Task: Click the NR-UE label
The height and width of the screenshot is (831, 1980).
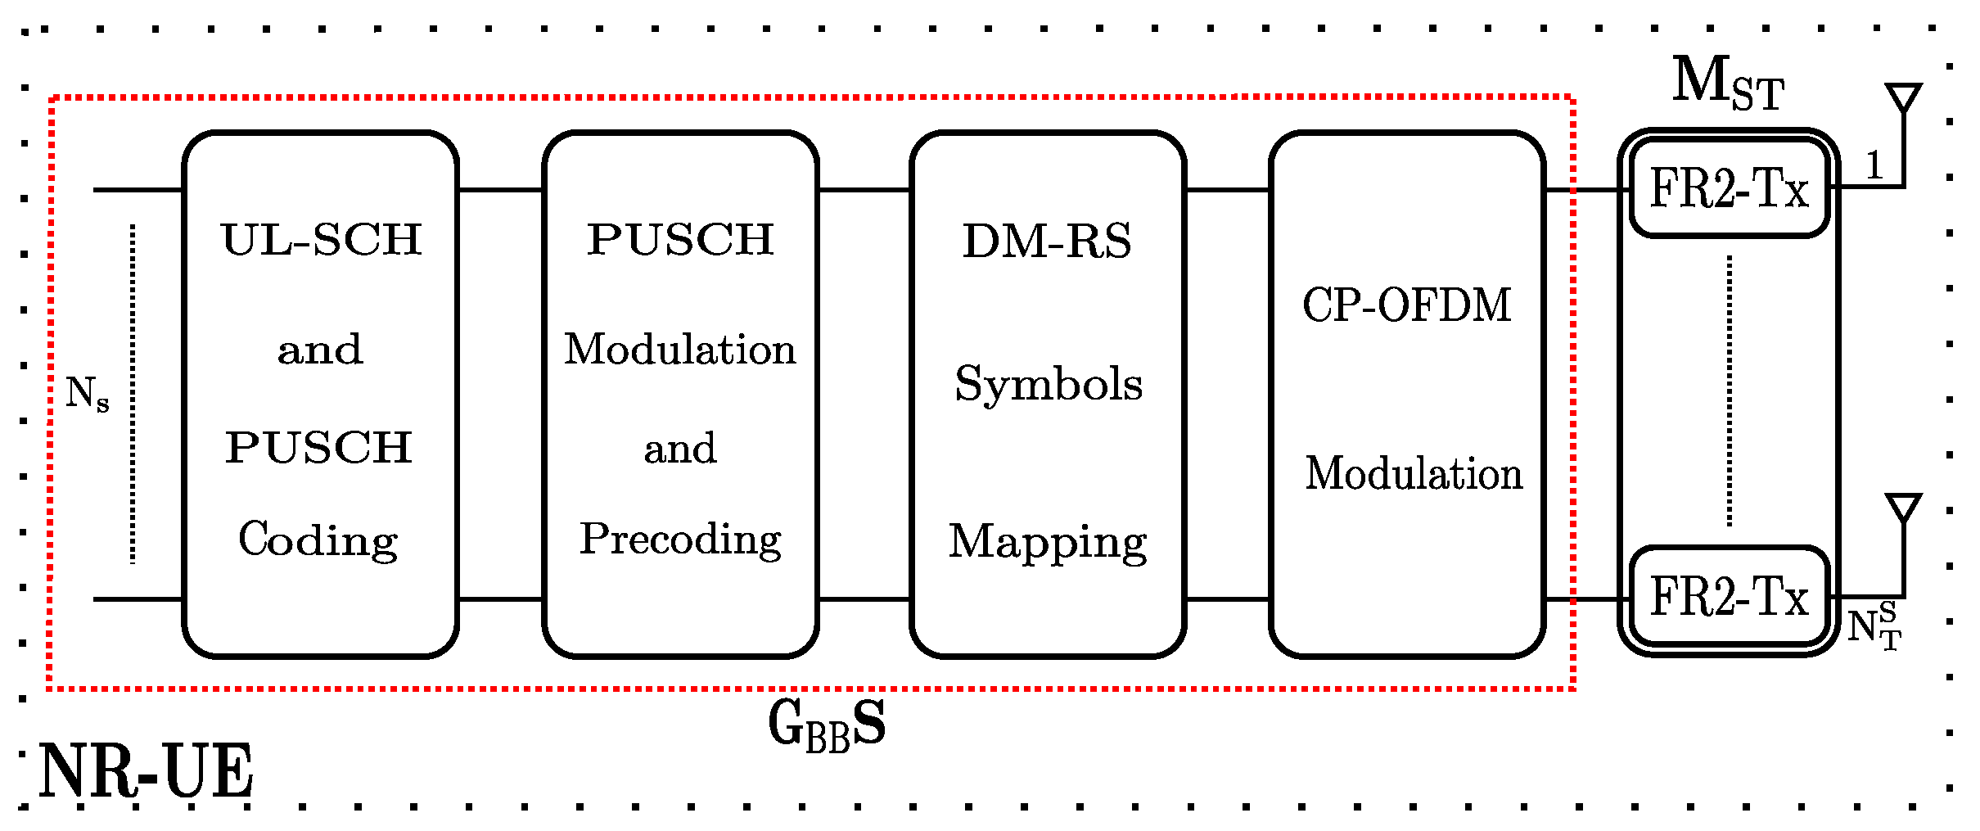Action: (146, 771)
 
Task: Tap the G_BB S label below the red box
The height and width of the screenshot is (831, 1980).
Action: (827, 725)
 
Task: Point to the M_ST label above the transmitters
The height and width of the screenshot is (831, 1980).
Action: (1727, 84)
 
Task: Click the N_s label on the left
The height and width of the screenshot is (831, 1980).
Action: (87, 394)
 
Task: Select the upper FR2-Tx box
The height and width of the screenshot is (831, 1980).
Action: (1729, 188)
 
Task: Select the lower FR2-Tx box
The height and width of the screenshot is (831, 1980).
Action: (1729, 596)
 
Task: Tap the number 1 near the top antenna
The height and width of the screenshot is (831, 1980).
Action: (1874, 165)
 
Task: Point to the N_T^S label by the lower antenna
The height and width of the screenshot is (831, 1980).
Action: (1874, 626)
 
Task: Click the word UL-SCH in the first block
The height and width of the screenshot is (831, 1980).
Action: (321, 240)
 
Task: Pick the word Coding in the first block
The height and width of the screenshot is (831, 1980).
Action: (318, 540)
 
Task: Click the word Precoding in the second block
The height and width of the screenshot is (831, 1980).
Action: (680, 540)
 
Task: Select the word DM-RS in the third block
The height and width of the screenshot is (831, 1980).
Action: (1047, 242)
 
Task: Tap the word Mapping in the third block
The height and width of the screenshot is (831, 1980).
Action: (1048, 543)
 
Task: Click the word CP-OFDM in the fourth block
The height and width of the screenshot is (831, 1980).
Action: (1406, 305)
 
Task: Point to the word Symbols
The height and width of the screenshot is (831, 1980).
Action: (1049, 385)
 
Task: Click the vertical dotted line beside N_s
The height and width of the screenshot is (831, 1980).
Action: (133, 394)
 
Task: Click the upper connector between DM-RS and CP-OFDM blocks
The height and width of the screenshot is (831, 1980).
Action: (1227, 190)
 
